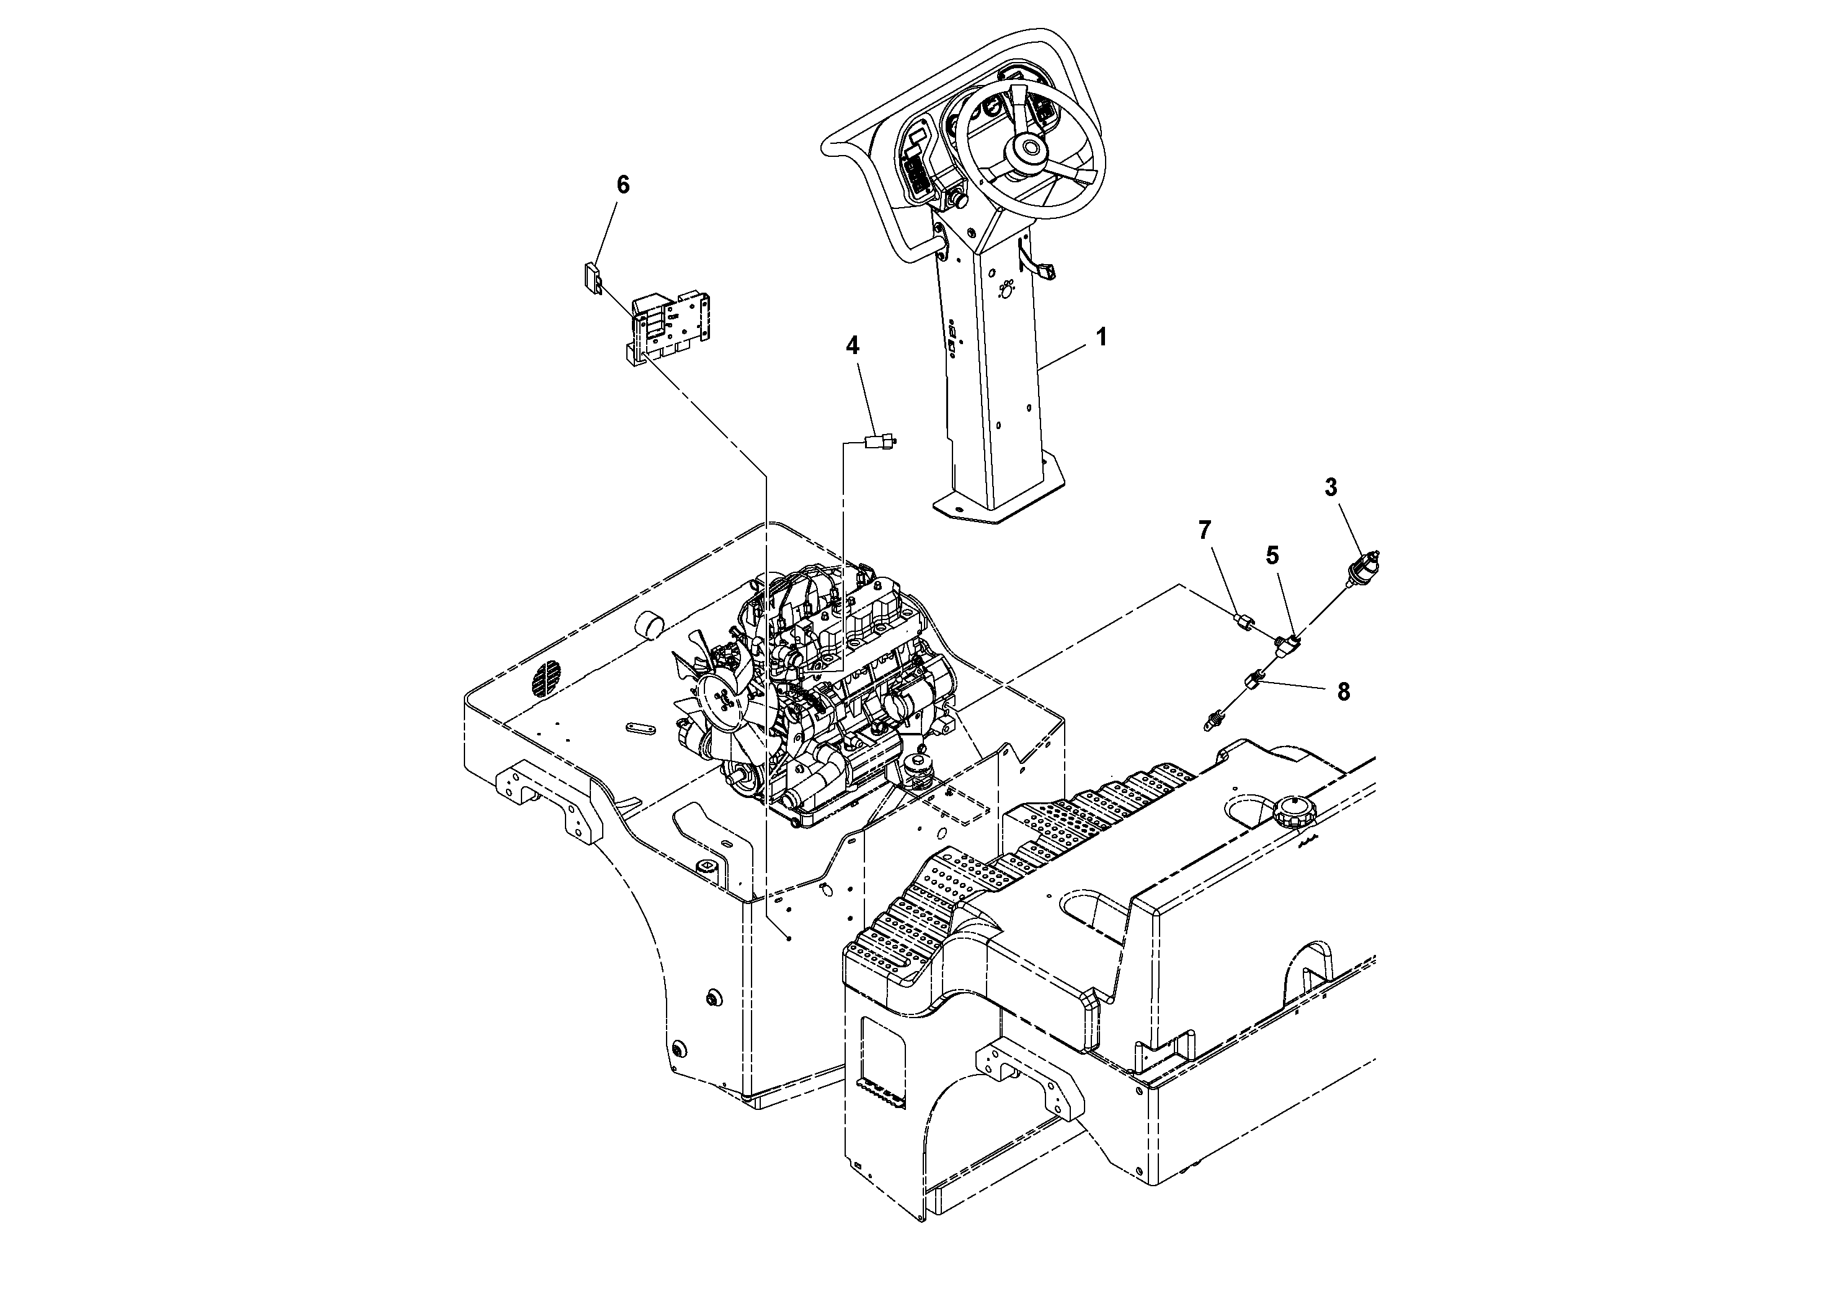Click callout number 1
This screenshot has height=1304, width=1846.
coord(1101,337)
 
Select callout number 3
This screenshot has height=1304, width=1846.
coord(1331,487)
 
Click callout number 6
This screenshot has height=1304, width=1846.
coord(623,185)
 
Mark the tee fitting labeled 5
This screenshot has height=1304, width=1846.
coord(1287,642)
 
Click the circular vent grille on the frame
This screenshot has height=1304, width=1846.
coord(546,680)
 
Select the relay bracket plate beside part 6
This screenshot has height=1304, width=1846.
coord(672,328)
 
